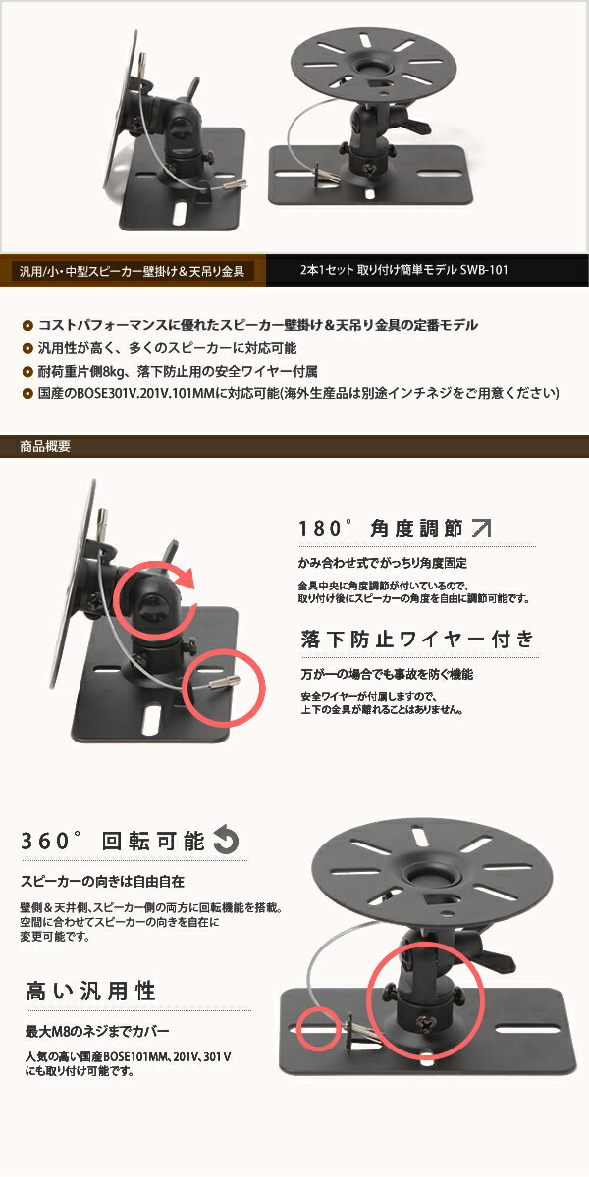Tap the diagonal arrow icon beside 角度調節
(x=481, y=530)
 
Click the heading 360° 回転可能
(x=113, y=841)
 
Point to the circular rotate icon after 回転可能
(x=226, y=841)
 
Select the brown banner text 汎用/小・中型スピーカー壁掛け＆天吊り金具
(x=132, y=270)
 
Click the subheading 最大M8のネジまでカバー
(x=96, y=1032)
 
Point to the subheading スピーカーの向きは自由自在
(x=102, y=881)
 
